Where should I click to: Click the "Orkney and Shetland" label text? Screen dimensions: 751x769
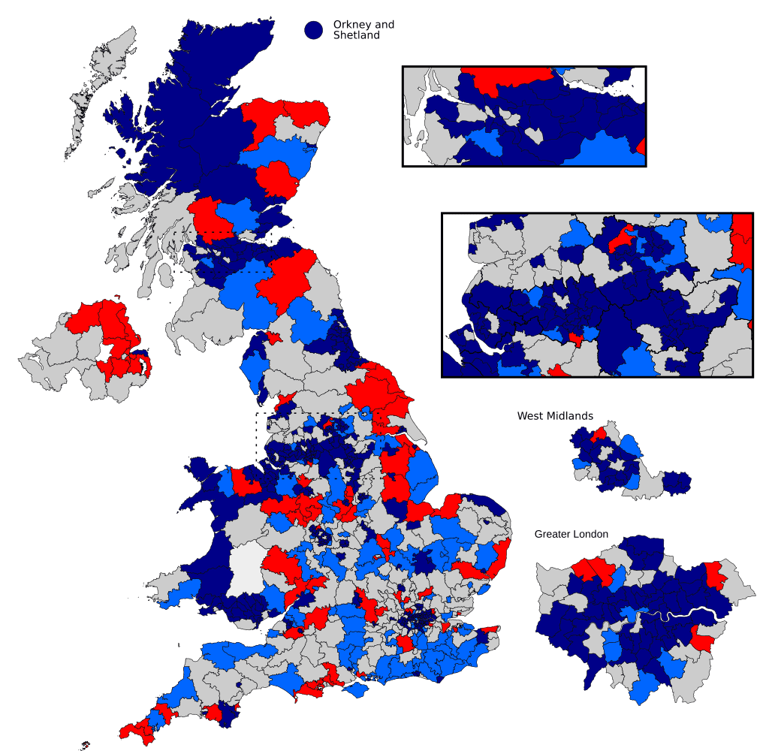[363, 30]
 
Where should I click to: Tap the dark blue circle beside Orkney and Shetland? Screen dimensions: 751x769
[313, 29]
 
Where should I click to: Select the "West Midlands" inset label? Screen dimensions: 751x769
[555, 416]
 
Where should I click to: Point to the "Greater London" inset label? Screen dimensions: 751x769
[571, 534]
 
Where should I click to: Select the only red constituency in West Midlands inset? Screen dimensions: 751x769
[599, 434]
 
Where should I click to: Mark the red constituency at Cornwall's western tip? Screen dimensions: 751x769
[131, 728]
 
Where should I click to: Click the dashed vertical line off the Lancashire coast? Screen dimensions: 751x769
[257, 436]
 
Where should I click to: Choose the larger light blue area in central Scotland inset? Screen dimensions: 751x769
[601, 150]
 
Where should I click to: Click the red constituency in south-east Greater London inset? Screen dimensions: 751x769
[704, 641]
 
